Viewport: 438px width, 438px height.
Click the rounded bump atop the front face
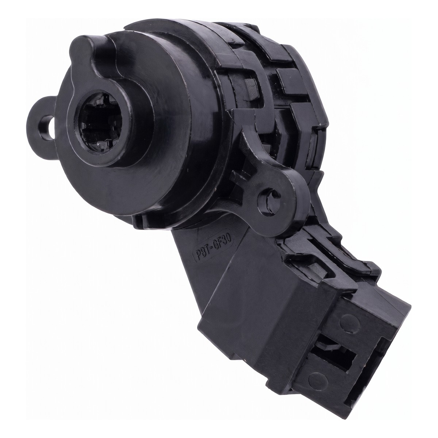(87, 49)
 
